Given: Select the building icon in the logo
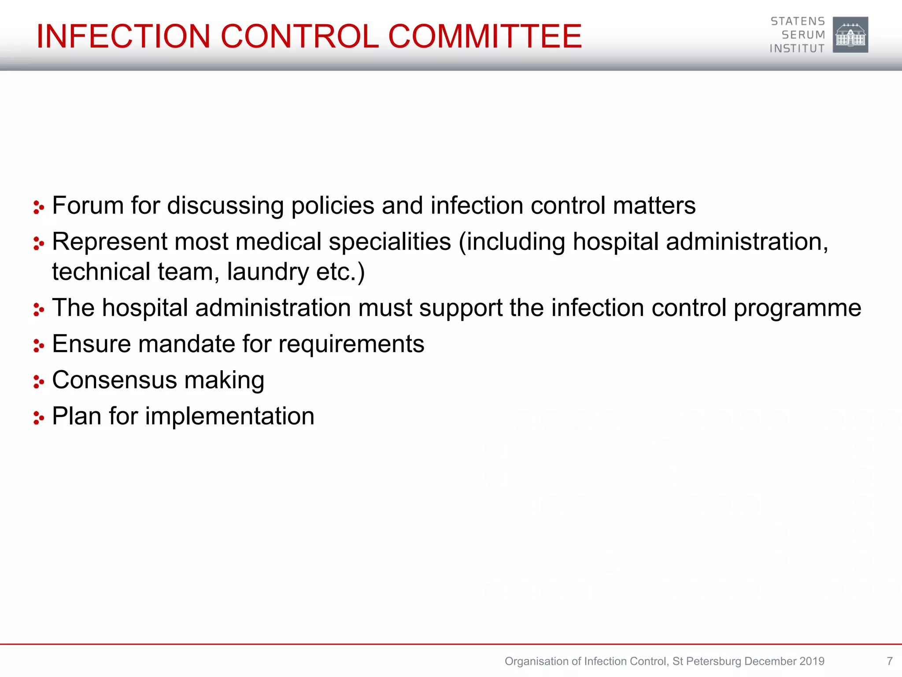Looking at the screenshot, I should (850, 35).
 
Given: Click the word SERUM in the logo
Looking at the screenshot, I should (803, 35).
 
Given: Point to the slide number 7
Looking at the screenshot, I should (889, 661).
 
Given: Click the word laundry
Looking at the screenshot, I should (268, 272).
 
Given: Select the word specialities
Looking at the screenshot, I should (390, 242).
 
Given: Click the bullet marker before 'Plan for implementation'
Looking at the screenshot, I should (39, 418).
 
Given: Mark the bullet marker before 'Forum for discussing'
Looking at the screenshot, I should (39, 207).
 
